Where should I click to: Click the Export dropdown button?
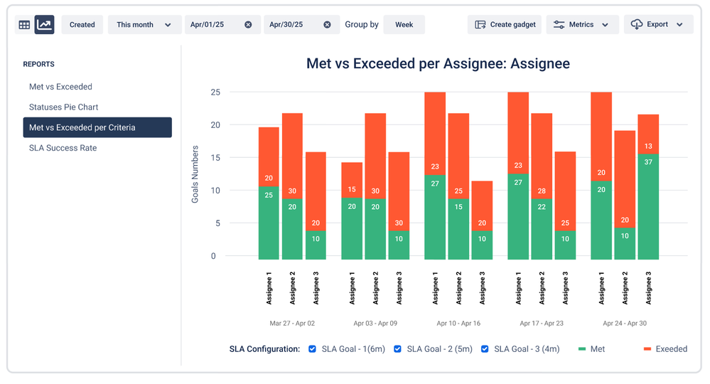point(658,25)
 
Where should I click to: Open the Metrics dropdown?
point(581,25)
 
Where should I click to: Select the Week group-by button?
point(404,25)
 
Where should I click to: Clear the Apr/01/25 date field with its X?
point(248,25)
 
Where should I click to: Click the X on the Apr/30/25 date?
point(327,25)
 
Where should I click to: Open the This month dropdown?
point(144,25)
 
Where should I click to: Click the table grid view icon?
point(24,25)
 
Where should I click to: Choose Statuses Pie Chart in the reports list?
point(64,107)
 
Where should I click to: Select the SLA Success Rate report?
point(63,148)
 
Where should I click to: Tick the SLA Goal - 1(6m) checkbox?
point(313,349)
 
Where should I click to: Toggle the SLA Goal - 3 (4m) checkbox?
point(485,349)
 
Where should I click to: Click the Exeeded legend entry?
point(665,349)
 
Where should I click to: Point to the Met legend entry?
point(593,349)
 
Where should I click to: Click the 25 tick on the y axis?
point(214,92)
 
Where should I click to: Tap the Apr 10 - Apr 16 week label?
point(458,323)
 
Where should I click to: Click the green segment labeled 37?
point(648,206)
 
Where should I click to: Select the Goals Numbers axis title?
point(195,174)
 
